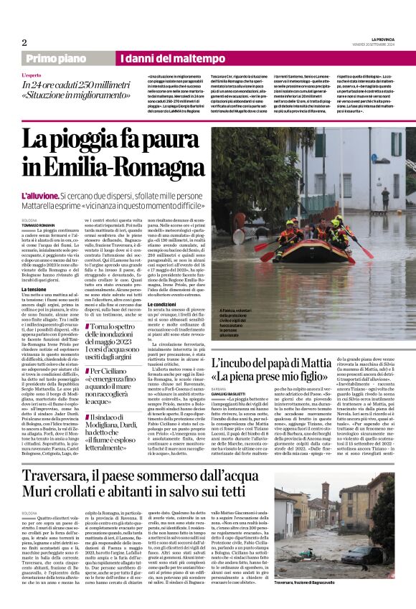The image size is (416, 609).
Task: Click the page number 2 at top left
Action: pyautogui.click(x=24, y=42)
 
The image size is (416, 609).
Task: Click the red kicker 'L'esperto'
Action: pyautogui.click(x=32, y=75)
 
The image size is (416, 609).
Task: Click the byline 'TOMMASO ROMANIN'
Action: pyautogui.click(x=37, y=225)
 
